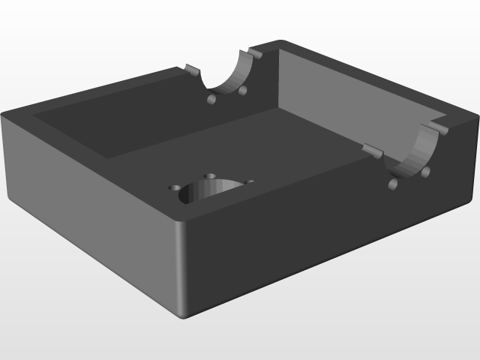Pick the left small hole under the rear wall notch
pyautogui.click(x=212, y=99)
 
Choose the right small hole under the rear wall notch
pyautogui.click(x=242, y=91)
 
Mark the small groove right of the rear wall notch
pyautogui.click(x=255, y=55)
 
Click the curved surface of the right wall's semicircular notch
pyautogui.click(x=414, y=156)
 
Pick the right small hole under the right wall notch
pyautogui.click(x=425, y=172)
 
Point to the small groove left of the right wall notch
pyautogui.click(x=372, y=151)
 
